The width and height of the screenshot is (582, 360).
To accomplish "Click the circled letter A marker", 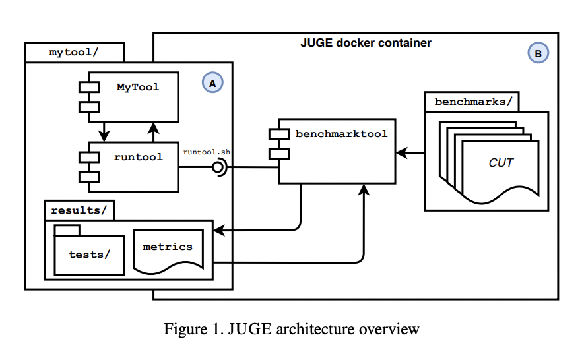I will [x=212, y=83].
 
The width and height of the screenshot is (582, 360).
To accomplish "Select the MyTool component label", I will [x=138, y=87].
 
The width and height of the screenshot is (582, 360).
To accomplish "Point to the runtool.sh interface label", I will [x=207, y=152].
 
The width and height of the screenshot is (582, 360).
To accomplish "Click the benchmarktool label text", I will [x=341, y=134].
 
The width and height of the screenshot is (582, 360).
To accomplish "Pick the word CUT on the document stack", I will [x=501, y=162].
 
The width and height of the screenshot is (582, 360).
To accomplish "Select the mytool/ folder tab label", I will [x=73, y=52].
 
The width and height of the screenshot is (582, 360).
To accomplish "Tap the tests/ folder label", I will [x=90, y=254].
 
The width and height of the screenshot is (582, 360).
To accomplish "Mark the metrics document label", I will [x=168, y=247].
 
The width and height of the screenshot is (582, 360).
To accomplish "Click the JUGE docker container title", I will [x=365, y=44].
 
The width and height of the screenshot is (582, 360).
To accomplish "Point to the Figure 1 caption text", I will [x=291, y=329].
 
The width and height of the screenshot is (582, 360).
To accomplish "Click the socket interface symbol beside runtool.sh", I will [x=218, y=167].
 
